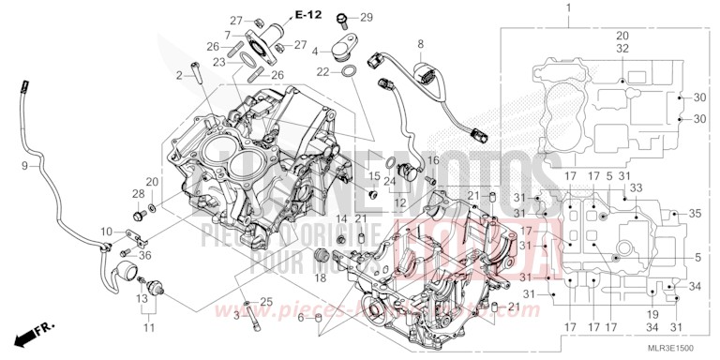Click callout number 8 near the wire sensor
point(421,44)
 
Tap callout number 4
point(316,51)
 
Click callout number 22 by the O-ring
point(322,71)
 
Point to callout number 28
point(137,193)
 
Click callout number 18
point(322,278)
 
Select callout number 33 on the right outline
point(637,188)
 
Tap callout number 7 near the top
point(227,35)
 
